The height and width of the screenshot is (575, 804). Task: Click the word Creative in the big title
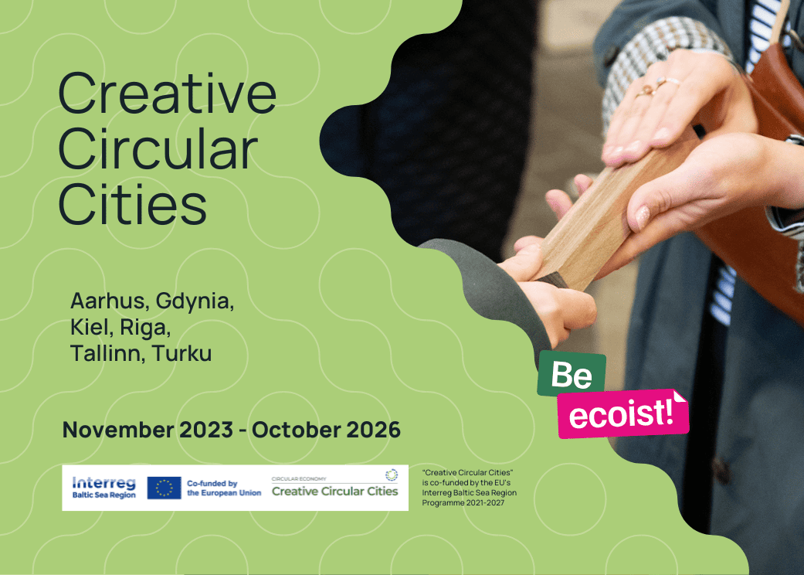click(167, 94)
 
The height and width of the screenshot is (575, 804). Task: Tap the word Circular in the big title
click(158, 149)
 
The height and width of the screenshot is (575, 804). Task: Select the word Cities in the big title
click(133, 204)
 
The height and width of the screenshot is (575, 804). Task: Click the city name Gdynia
click(195, 302)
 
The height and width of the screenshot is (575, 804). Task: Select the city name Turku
click(182, 353)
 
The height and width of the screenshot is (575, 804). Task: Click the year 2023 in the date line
click(206, 430)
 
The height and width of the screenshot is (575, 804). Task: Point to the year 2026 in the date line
click(373, 430)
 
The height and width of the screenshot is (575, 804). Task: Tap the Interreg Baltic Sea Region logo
click(104, 488)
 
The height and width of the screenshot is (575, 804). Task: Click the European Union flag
click(164, 488)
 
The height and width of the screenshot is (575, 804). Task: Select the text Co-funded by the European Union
click(224, 488)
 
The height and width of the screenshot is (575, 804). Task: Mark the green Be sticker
click(572, 373)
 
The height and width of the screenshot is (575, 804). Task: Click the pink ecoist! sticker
click(623, 413)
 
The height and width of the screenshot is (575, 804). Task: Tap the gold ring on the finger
click(646, 91)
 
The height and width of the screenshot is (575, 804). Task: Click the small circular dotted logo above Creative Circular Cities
click(392, 475)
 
